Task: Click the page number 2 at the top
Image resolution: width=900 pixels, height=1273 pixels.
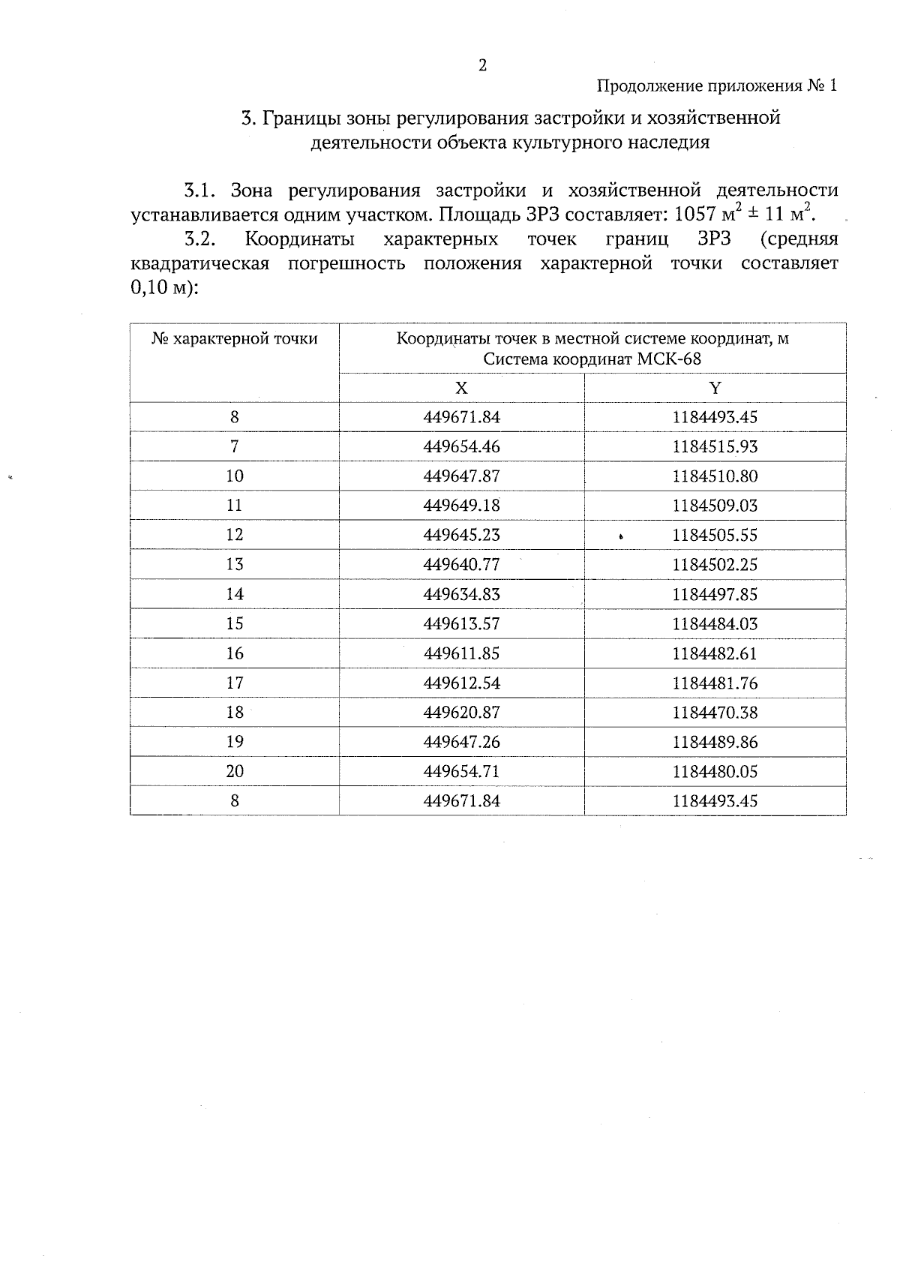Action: [x=482, y=65]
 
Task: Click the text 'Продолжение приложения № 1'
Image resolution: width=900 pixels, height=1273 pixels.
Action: [x=716, y=86]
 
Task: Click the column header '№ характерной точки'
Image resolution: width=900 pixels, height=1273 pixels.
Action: [x=235, y=339]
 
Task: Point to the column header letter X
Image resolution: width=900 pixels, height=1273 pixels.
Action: [x=461, y=388]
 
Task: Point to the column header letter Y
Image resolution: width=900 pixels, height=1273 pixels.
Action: [x=715, y=388]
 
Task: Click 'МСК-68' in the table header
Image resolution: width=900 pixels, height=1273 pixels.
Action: [x=669, y=359]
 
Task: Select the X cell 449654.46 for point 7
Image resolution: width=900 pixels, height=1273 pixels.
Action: [x=461, y=447]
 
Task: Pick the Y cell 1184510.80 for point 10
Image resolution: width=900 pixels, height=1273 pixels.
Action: [x=715, y=476]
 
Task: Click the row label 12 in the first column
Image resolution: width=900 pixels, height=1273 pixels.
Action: [x=235, y=535]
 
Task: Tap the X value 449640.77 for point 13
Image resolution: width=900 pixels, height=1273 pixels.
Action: [x=461, y=565]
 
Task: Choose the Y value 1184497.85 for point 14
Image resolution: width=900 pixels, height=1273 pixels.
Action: [x=715, y=595]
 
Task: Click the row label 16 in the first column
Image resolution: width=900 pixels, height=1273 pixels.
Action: [x=235, y=653]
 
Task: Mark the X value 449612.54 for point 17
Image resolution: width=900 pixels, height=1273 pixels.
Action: [x=461, y=683]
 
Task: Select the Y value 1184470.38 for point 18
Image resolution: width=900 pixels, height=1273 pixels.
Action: [x=715, y=713]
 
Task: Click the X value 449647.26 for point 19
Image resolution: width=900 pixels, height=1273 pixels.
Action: [x=461, y=742]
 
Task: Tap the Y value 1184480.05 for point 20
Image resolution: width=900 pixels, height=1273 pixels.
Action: [x=715, y=771]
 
